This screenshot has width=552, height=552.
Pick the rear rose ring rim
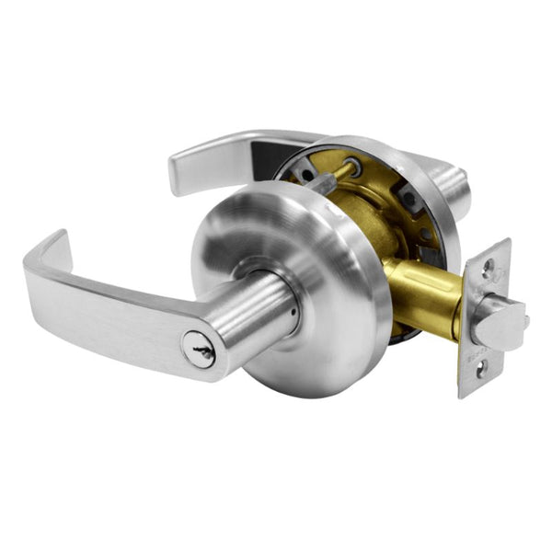(432, 184)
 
